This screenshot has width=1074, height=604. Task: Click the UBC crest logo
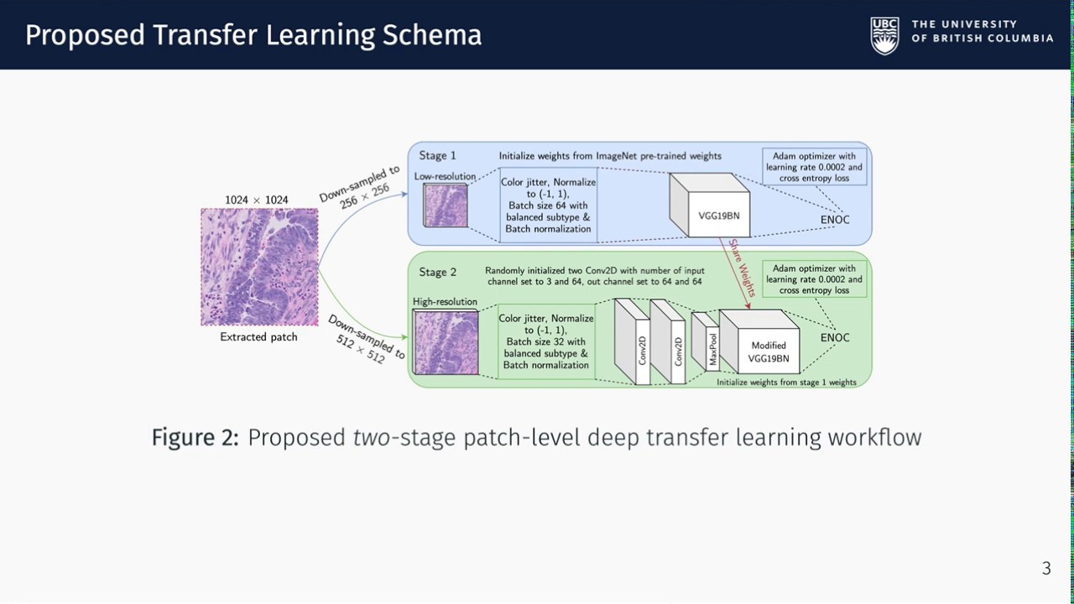tap(884, 35)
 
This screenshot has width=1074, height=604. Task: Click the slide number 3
tap(1046, 569)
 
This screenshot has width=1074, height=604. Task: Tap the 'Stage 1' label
tap(438, 155)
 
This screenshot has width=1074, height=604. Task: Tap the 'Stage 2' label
tap(438, 272)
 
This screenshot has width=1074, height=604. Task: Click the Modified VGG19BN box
tap(767, 351)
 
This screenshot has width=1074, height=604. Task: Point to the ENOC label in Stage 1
tap(835, 220)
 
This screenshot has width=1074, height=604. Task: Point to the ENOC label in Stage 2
tap(835, 337)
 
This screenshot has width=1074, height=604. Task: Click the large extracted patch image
tap(259, 267)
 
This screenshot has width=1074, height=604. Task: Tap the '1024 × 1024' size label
tap(257, 200)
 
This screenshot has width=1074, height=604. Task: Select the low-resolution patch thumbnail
tap(446, 206)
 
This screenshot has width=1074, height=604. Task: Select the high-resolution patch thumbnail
tap(446, 342)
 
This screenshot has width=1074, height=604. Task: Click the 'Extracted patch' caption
tap(258, 337)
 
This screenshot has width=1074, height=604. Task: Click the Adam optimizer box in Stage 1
tap(813, 167)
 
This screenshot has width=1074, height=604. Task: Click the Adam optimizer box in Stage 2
tap(813, 279)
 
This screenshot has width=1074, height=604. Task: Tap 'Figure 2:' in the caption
tap(196, 437)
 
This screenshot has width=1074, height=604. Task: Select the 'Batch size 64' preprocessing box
tap(549, 205)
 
